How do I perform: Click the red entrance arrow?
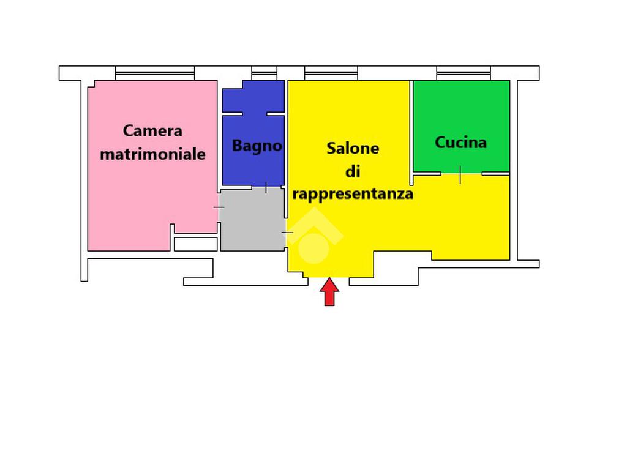[329, 292]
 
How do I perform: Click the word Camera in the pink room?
[152, 131]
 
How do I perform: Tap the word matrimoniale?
[152, 154]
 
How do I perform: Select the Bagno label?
[257, 146]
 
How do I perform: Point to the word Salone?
[353, 148]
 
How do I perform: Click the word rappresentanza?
[353, 194]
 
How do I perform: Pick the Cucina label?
[460, 142]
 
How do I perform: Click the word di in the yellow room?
[353, 171]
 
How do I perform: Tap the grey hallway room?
[252, 220]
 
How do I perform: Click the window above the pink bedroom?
[155, 73]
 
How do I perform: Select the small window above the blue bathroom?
[265, 73]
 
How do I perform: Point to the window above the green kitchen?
[464, 73]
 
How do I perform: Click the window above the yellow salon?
[331, 73]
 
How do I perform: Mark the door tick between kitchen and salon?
[460, 174]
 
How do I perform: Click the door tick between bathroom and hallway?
[266, 187]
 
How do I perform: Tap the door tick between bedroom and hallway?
[219, 207]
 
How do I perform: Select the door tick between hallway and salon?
[287, 232]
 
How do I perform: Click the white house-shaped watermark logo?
[314, 236]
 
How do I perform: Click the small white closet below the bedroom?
[195, 244]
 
